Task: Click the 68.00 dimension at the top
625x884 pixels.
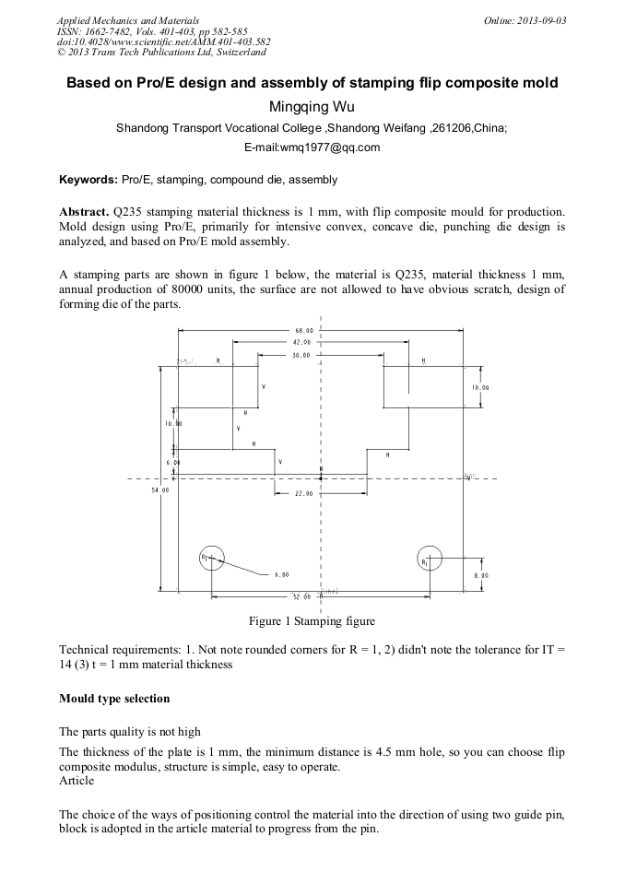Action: point(303,330)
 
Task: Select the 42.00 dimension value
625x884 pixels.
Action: point(303,342)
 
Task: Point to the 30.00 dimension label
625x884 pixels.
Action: point(301,355)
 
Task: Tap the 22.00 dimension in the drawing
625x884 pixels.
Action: point(303,493)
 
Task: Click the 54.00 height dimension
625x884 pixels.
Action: point(160,490)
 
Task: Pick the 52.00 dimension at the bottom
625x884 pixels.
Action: point(301,596)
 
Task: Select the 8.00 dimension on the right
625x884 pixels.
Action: point(480,575)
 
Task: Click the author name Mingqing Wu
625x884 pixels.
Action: point(312,107)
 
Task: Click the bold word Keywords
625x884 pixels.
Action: point(88,180)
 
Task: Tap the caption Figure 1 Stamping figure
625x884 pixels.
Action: point(312,621)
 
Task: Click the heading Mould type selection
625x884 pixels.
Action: point(114,699)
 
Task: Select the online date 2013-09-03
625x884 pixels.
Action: point(541,20)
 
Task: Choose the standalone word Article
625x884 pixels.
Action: point(76,781)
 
